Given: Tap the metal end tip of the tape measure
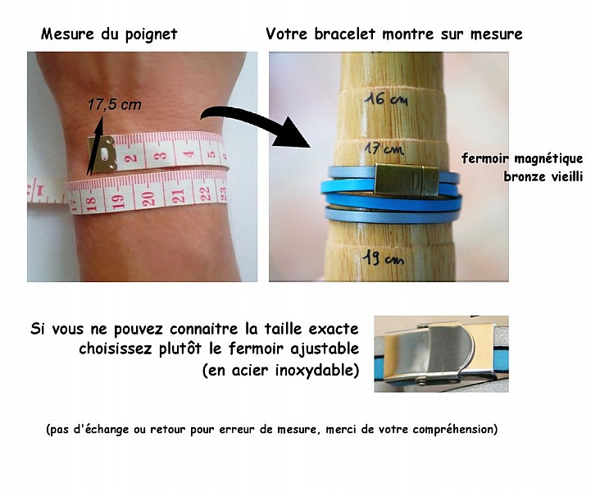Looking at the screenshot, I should point(103,154).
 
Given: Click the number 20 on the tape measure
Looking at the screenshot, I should point(148,197).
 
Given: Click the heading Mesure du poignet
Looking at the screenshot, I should point(109,34).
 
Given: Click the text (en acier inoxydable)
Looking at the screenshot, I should point(280,370).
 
